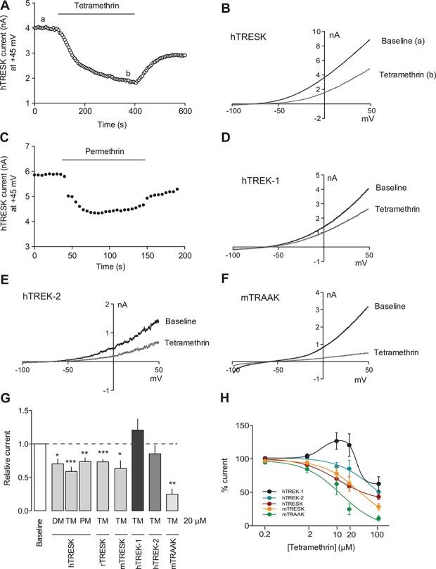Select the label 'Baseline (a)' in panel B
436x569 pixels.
click(x=402, y=41)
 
